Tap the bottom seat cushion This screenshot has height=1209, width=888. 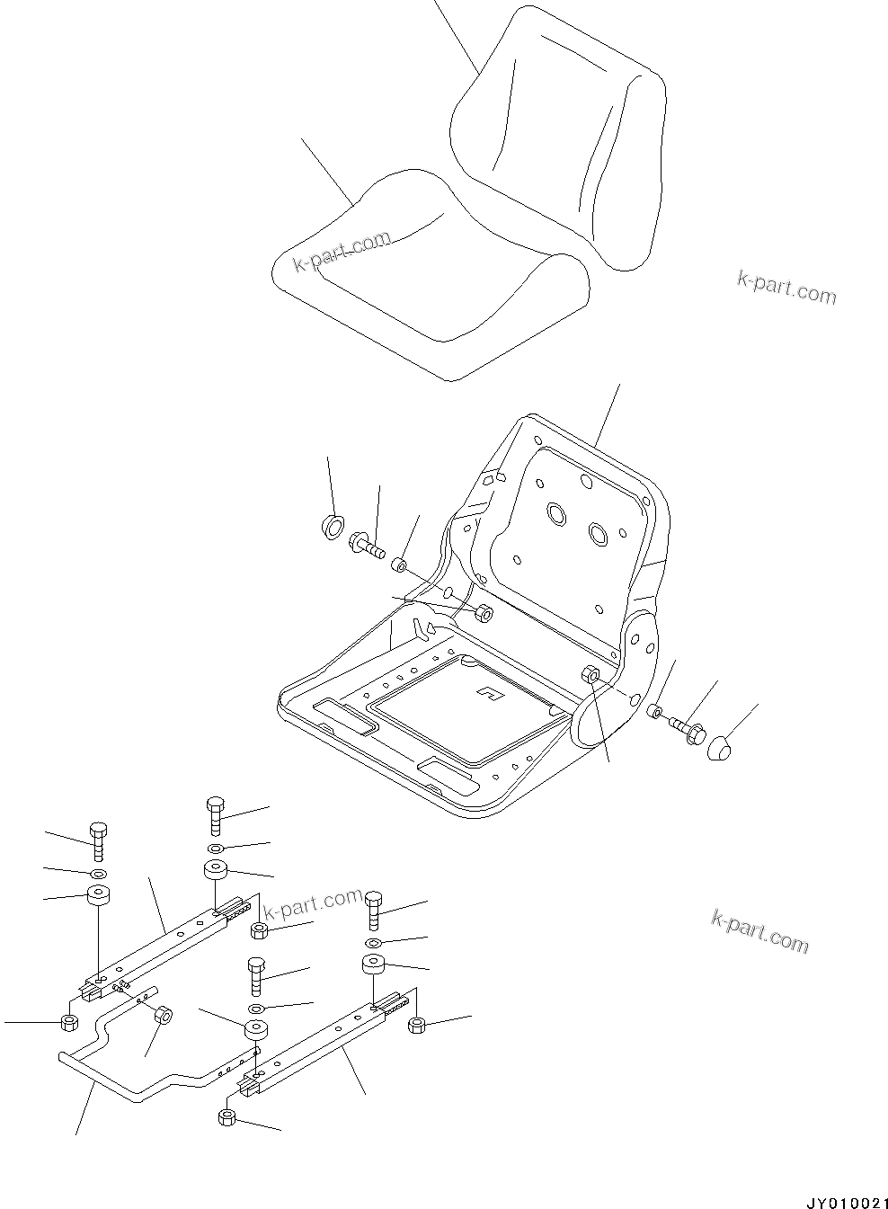click(x=422, y=279)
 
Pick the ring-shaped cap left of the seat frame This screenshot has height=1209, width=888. click(x=333, y=527)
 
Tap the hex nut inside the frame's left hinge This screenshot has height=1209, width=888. click(x=483, y=613)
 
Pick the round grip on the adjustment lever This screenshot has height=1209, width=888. click(x=164, y=1016)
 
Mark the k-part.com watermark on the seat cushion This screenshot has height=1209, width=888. click(x=342, y=251)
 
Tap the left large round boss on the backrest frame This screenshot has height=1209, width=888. click(x=555, y=514)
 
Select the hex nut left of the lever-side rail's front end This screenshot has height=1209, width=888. click(x=68, y=1022)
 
